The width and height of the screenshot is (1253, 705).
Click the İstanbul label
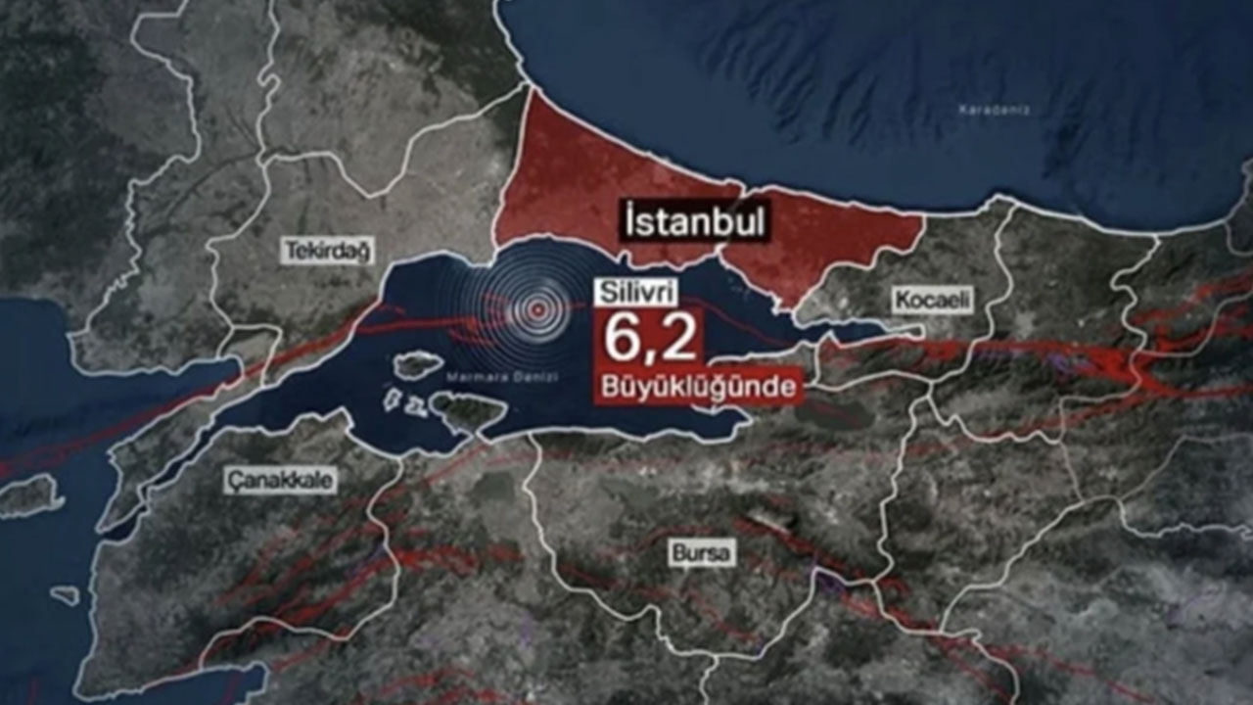point(696,222)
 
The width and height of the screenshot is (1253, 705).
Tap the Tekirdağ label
point(328,252)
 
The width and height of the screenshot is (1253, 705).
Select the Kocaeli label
point(932,300)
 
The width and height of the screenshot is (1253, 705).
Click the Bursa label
point(701,552)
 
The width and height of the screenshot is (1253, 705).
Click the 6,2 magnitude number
point(650,338)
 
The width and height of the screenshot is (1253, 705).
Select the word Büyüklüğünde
point(698,387)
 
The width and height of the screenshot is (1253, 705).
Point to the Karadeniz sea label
point(994,110)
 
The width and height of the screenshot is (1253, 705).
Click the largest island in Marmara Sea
point(469,411)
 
